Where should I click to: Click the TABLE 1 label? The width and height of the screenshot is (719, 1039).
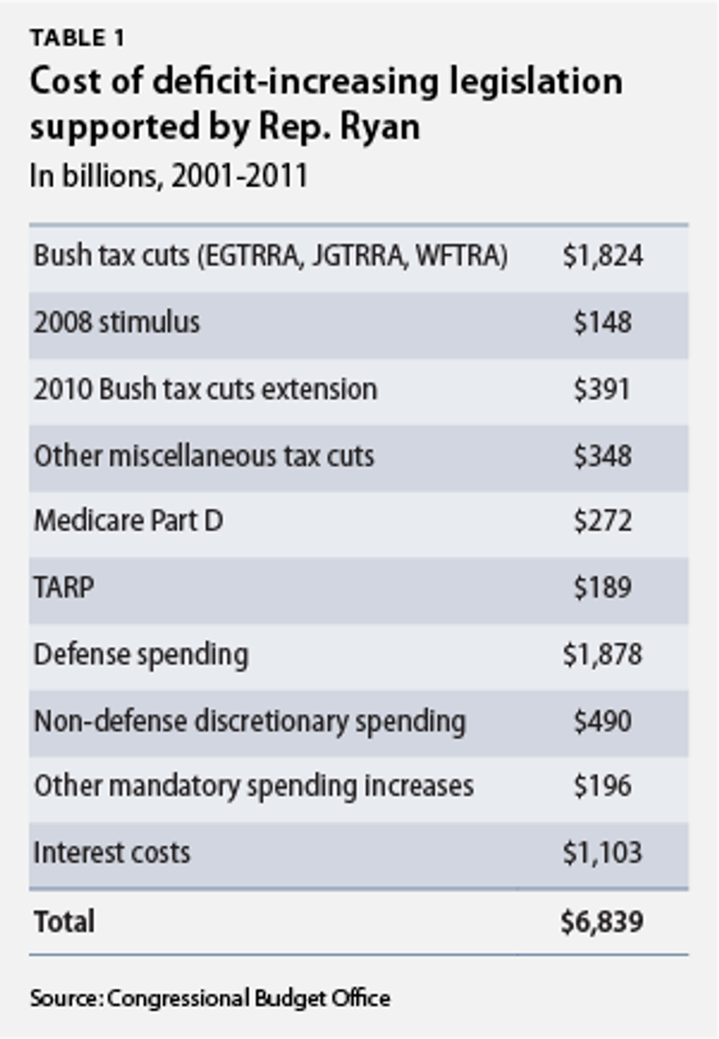77,37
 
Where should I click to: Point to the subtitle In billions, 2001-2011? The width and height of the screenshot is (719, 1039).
169,176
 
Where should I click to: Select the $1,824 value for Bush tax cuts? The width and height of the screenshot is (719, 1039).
602,256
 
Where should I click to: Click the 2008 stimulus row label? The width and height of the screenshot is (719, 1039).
117,322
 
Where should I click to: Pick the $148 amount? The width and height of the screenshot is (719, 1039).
602,322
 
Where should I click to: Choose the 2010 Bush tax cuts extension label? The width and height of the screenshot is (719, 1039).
205,389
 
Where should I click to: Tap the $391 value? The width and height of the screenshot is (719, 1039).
602,389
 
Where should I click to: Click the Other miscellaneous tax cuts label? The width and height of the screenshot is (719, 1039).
204,456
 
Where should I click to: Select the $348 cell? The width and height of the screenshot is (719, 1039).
602,456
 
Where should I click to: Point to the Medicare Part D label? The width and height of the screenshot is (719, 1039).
128,521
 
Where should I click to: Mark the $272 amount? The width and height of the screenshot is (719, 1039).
602,521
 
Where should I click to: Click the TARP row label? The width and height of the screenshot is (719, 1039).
64,588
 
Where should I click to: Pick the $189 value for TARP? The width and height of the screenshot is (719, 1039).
602,588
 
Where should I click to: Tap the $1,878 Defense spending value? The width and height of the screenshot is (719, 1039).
602,655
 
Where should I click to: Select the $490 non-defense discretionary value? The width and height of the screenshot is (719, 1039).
602,721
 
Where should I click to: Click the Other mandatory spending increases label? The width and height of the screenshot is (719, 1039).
254,786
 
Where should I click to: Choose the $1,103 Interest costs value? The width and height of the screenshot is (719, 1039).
602,853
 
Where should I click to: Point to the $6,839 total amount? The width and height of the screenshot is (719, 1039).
602,922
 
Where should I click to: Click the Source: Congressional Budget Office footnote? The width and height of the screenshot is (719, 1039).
210,999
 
